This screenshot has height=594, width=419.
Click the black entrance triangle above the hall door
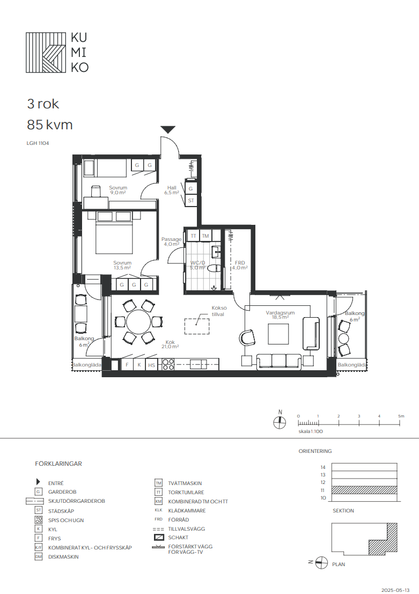168,129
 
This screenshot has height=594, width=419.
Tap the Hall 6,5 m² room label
172,190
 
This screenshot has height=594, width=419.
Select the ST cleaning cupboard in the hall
190,200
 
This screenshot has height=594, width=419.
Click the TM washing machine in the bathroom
205,236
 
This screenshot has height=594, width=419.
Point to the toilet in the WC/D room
215,268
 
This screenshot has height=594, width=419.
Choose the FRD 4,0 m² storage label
240,265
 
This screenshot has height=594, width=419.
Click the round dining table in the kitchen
138,322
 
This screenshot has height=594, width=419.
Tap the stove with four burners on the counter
168,364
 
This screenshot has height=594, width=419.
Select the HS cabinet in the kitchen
151,365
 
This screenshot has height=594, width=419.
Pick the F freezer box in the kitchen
127,365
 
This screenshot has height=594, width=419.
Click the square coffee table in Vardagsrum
278,334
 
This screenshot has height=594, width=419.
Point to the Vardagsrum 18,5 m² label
280,315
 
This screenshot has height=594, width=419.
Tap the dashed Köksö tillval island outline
197,326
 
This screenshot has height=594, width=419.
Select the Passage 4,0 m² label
171,241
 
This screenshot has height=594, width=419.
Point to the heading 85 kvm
50,124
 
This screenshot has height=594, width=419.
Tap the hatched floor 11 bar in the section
364,490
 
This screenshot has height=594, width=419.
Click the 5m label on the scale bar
401,416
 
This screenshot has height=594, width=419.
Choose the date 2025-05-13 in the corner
395,590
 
